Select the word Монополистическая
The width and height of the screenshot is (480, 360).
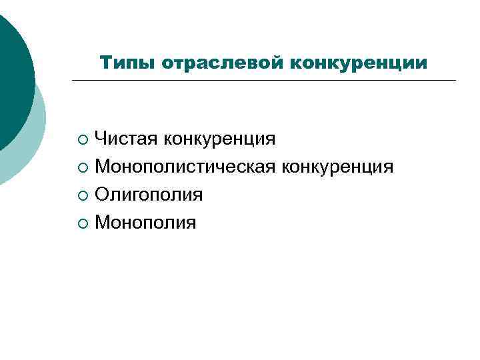point(186,166)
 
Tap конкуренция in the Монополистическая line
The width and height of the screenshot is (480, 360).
point(338,166)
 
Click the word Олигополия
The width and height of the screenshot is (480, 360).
point(149,194)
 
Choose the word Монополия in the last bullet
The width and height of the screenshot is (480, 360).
point(145,222)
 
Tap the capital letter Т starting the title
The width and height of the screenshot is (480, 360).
point(105,63)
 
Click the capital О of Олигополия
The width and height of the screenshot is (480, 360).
point(102,194)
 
